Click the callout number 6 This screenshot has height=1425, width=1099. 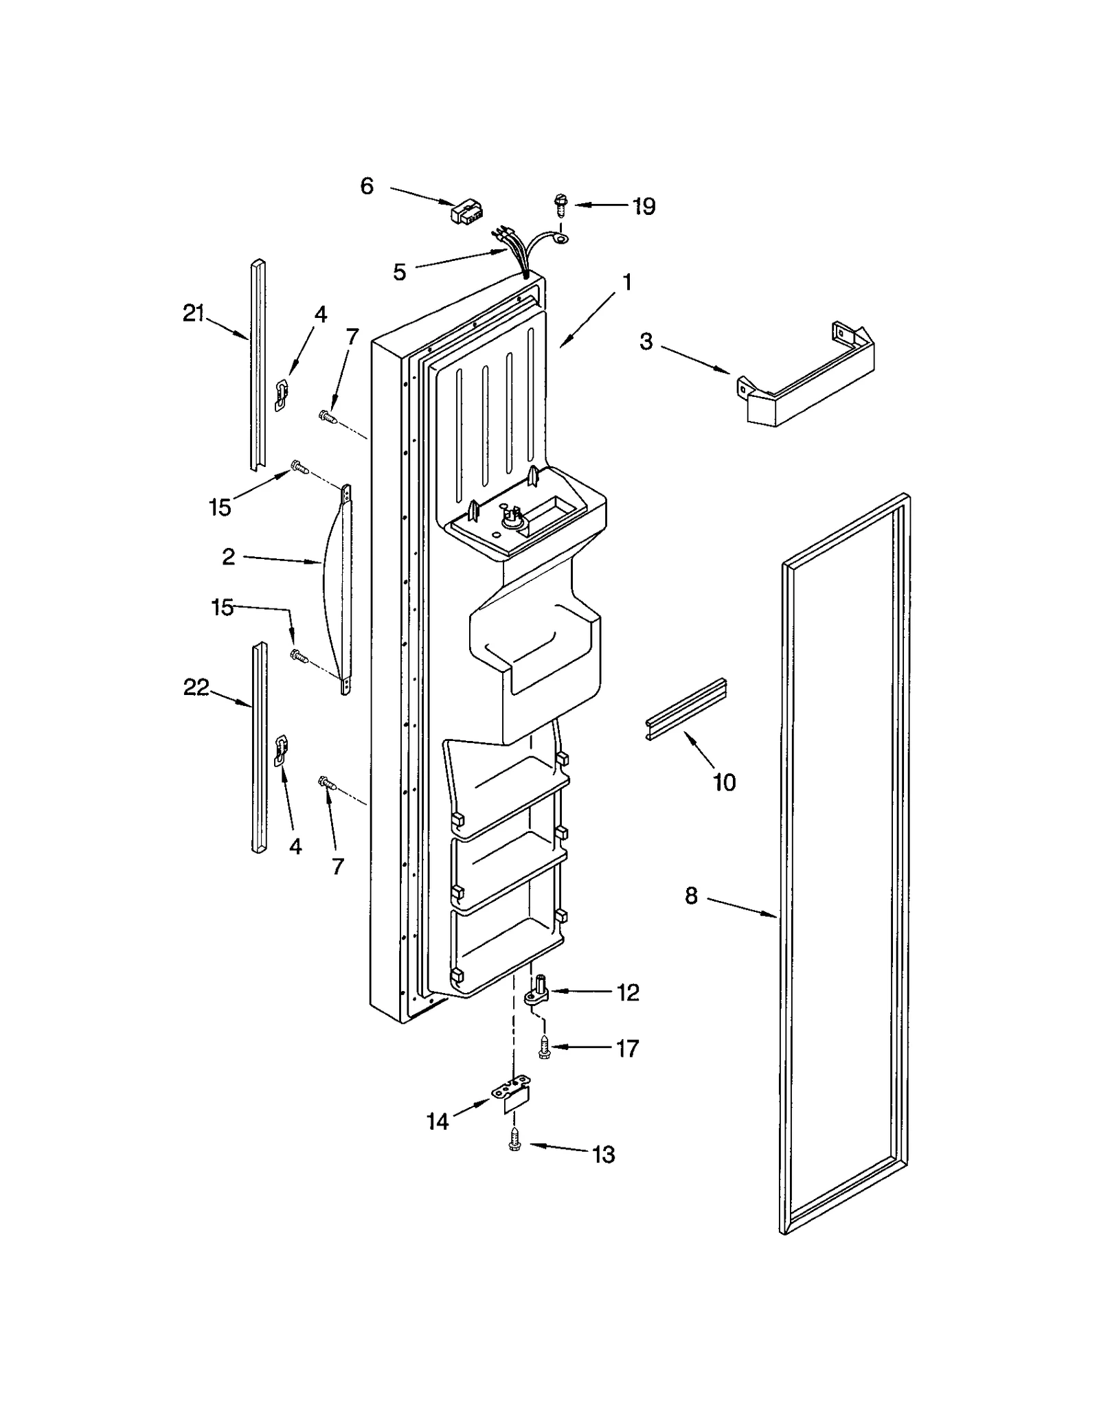(367, 186)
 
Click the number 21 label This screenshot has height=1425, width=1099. (194, 314)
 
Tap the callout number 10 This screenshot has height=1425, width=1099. (725, 782)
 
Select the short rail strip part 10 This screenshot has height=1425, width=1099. (686, 709)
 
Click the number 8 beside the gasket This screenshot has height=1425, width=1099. (692, 896)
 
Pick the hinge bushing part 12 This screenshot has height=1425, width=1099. (539, 992)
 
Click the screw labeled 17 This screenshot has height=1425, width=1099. (544, 1047)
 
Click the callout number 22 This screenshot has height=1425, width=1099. (196, 687)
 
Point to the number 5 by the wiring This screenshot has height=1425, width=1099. (400, 273)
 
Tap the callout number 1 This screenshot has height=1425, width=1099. (626, 282)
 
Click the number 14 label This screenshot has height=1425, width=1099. (438, 1121)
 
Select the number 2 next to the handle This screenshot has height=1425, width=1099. (229, 556)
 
